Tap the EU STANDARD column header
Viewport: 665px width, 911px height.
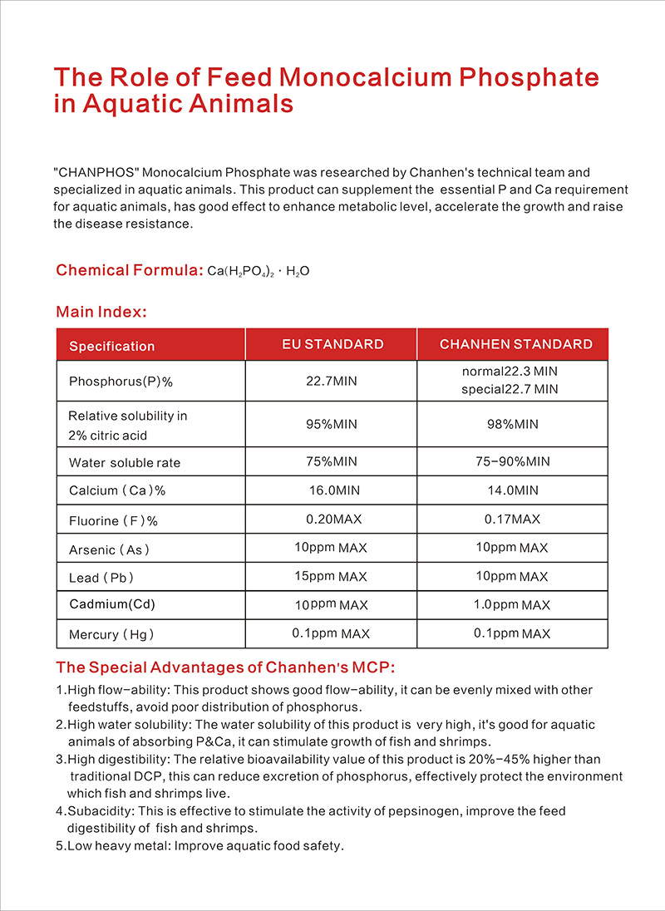tap(331, 344)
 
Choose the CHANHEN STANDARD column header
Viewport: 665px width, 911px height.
tap(515, 344)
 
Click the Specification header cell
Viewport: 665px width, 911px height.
tap(111, 346)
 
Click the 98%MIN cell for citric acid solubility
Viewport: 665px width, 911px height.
tap(512, 424)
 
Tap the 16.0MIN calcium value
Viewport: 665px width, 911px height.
tap(332, 490)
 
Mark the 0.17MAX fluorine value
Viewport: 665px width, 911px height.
tap(512, 520)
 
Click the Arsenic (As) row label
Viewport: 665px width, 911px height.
tap(110, 549)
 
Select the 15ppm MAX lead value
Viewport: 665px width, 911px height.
tap(330, 576)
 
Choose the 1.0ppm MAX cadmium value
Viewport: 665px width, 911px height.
tap(511, 604)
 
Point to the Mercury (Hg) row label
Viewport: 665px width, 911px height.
tap(111, 634)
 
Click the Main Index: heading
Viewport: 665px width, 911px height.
tap(101, 312)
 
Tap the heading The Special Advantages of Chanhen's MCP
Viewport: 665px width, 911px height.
tap(225, 667)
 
